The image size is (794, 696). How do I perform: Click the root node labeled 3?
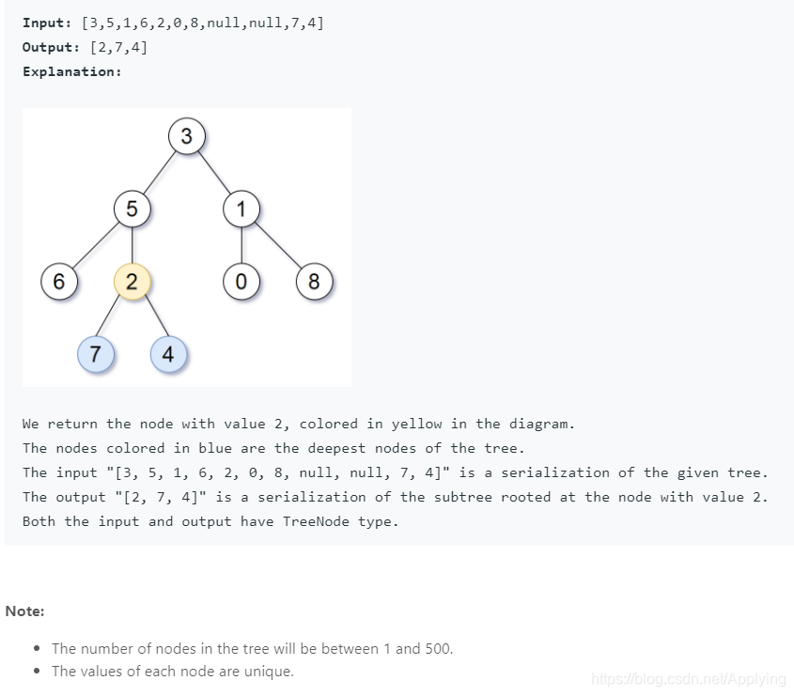[x=187, y=136]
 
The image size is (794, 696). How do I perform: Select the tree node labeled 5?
[x=132, y=209]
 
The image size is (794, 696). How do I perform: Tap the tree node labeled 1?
[x=241, y=209]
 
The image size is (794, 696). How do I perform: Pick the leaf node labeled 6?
[x=59, y=282]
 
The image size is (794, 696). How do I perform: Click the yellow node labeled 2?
[x=132, y=282]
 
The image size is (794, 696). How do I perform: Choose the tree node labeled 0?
[x=241, y=282]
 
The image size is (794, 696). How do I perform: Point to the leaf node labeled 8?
[x=315, y=282]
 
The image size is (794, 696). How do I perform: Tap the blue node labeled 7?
[x=96, y=354]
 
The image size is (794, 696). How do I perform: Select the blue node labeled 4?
[x=168, y=354]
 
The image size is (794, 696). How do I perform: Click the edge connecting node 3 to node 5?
[x=160, y=172]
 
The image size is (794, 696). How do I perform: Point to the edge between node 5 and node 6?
[x=96, y=245]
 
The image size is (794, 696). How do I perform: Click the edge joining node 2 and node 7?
[x=108, y=317]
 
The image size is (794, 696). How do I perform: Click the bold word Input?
[x=44, y=23]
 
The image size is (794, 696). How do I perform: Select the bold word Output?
[x=49, y=47]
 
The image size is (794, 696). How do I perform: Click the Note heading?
[x=24, y=611]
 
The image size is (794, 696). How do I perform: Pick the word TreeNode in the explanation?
[x=316, y=521]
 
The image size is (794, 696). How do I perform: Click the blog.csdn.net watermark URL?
[x=689, y=679]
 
